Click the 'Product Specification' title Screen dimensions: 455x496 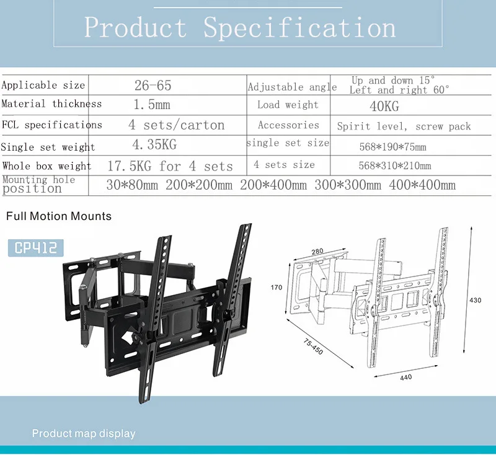[x=240, y=28]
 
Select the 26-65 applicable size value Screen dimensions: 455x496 [x=153, y=86]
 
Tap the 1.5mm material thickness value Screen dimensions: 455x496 [x=153, y=105]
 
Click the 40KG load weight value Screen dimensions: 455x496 [x=384, y=106]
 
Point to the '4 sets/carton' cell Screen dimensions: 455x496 [x=177, y=125]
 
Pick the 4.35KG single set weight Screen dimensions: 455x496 [x=156, y=146]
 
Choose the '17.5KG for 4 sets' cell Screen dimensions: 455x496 [x=170, y=166]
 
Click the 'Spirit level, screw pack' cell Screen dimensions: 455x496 [x=404, y=126]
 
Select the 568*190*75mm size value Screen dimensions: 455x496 [x=392, y=148]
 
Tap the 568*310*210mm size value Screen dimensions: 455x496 [x=394, y=166]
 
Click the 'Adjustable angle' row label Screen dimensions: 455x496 [x=292, y=87]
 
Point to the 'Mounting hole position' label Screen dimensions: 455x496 [x=38, y=185]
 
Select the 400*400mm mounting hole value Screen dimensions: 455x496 [x=422, y=185]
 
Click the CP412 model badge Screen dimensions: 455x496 [x=36, y=248]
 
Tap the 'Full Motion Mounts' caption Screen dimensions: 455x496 [x=59, y=216]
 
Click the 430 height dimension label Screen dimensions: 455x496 [x=476, y=300]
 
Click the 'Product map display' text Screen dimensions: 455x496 [x=84, y=433]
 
